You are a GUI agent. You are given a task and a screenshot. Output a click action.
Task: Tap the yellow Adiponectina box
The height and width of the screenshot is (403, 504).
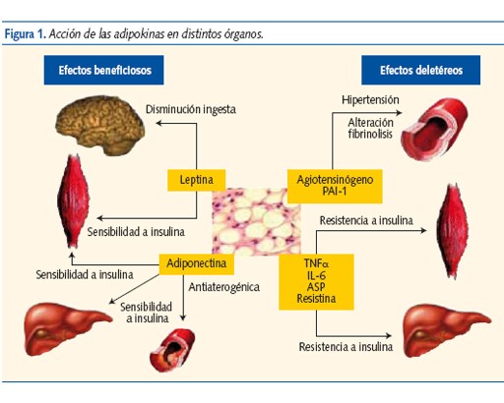point(196,264)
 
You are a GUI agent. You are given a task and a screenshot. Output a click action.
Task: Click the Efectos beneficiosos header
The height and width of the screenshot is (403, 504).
point(103,71)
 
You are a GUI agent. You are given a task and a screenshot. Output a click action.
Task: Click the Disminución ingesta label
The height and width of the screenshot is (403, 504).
point(191,110)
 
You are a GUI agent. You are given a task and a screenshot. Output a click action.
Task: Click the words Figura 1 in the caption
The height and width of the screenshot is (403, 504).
point(25,33)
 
